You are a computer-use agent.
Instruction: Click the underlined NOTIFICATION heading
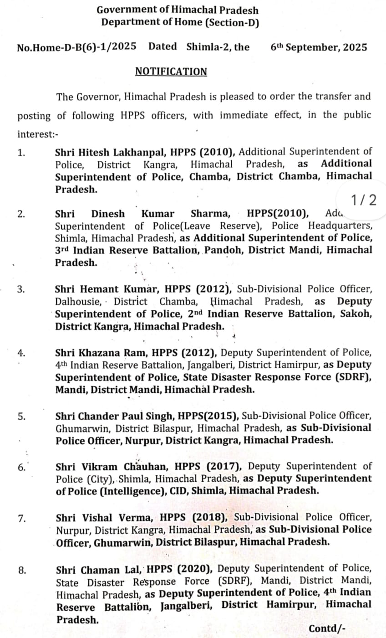171,72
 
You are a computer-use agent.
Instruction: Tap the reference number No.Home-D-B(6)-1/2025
76,47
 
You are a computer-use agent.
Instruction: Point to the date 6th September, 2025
319,47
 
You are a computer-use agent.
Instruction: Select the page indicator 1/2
364,200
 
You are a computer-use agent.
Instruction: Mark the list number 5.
22,416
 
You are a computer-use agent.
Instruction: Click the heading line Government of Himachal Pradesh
178,10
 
